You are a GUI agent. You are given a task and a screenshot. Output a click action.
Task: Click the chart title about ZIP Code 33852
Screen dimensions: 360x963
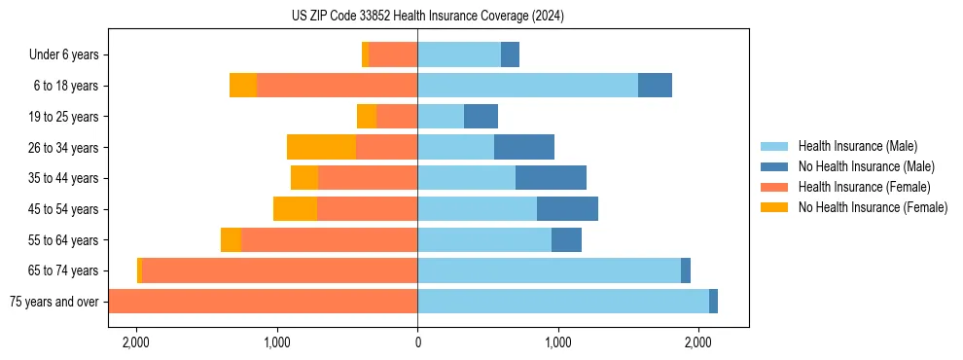point(427,16)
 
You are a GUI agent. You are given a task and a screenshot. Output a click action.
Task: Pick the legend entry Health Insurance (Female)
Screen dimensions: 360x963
point(857,187)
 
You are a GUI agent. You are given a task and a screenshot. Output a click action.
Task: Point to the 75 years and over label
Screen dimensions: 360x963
point(53,302)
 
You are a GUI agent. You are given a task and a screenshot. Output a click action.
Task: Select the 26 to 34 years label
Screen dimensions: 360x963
point(65,148)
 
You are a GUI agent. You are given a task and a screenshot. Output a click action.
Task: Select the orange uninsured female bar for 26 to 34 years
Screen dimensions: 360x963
point(321,147)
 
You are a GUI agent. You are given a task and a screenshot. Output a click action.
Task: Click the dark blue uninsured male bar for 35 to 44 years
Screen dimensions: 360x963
point(551,178)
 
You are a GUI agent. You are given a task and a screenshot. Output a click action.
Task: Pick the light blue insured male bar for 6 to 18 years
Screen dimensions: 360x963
point(527,86)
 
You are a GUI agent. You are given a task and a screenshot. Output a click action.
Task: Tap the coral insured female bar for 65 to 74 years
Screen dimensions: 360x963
point(279,270)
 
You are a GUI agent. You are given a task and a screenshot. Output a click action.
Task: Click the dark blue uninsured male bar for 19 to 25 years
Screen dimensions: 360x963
point(481,117)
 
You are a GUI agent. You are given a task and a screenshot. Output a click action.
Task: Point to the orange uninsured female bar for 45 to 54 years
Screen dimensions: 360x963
point(295,209)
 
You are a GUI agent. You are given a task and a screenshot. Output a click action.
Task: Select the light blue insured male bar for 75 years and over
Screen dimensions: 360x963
point(563,302)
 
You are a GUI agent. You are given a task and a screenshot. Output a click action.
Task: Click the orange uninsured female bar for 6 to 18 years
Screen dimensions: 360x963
point(242,86)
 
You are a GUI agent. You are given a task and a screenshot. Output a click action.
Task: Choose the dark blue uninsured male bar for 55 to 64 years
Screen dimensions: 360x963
point(566,239)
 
